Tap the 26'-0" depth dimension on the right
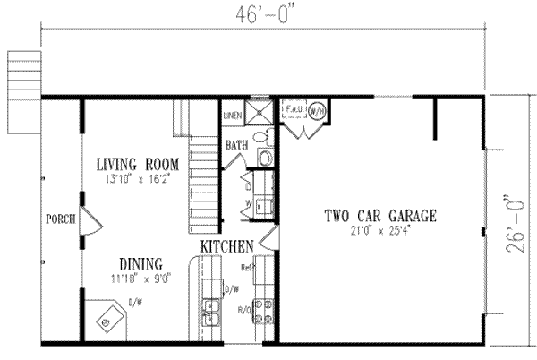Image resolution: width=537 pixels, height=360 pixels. coord(512,223)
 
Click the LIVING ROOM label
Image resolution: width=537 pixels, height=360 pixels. coord(139,165)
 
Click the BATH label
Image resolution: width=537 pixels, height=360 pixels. coord(236,144)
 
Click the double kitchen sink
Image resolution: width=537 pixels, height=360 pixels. coord(210,313)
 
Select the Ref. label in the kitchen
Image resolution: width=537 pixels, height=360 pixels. coord(245,265)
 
